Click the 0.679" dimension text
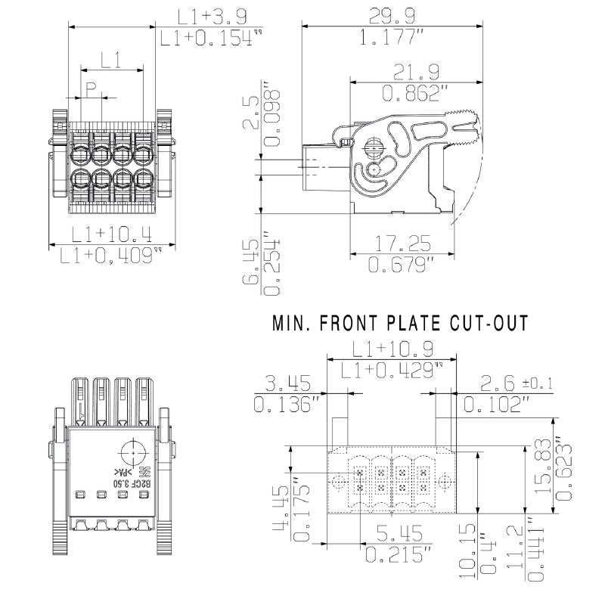401,265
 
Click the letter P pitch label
90,89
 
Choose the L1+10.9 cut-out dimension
390,349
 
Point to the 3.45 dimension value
284,383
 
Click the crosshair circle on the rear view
134,452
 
